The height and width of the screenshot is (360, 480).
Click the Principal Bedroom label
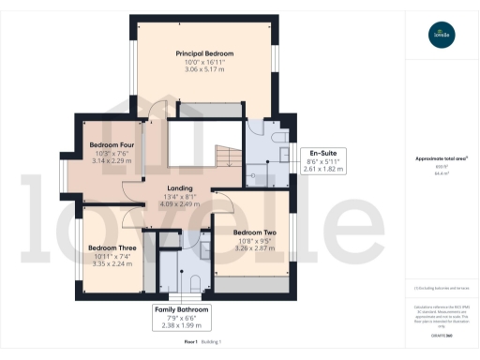pyautogui.click(x=204, y=53)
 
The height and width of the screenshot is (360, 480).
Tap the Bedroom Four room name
pyautogui.click(x=112, y=145)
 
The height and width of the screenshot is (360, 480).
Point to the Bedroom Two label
pyautogui.click(x=254, y=232)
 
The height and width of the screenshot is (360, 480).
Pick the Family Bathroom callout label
pyautogui.click(x=182, y=308)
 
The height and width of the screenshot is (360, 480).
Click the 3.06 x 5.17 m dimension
pyautogui.click(x=204, y=70)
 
